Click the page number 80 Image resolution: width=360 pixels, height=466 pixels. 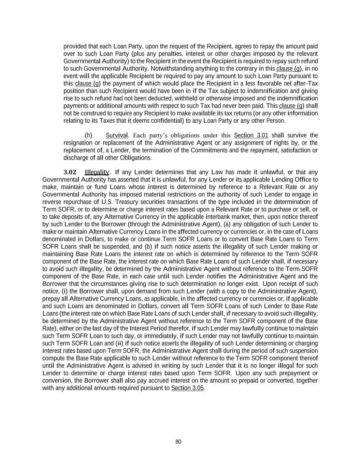click(x=178, y=442)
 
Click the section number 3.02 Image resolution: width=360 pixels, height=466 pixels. click(x=70, y=172)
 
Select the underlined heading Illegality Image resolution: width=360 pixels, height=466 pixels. click(x=97, y=172)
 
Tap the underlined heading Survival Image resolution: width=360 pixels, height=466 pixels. click(x=117, y=135)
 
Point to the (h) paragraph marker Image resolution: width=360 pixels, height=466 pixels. click(x=88, y=135)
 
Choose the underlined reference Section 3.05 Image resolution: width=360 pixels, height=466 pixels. click(x=187, y=388)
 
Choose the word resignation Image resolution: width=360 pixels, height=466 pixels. click(x=78, y=143)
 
